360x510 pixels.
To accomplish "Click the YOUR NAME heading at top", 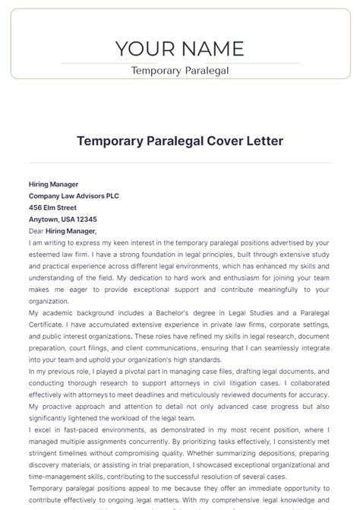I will tap(180, 49).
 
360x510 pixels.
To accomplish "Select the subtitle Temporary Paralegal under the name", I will tap(180, 71).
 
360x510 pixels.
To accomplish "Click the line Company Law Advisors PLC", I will tap(74, 195).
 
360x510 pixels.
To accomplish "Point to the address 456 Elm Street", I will tap(52, 207).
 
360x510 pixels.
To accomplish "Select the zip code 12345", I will tap(97, 219).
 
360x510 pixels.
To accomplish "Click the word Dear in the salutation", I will tap(36, 230).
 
